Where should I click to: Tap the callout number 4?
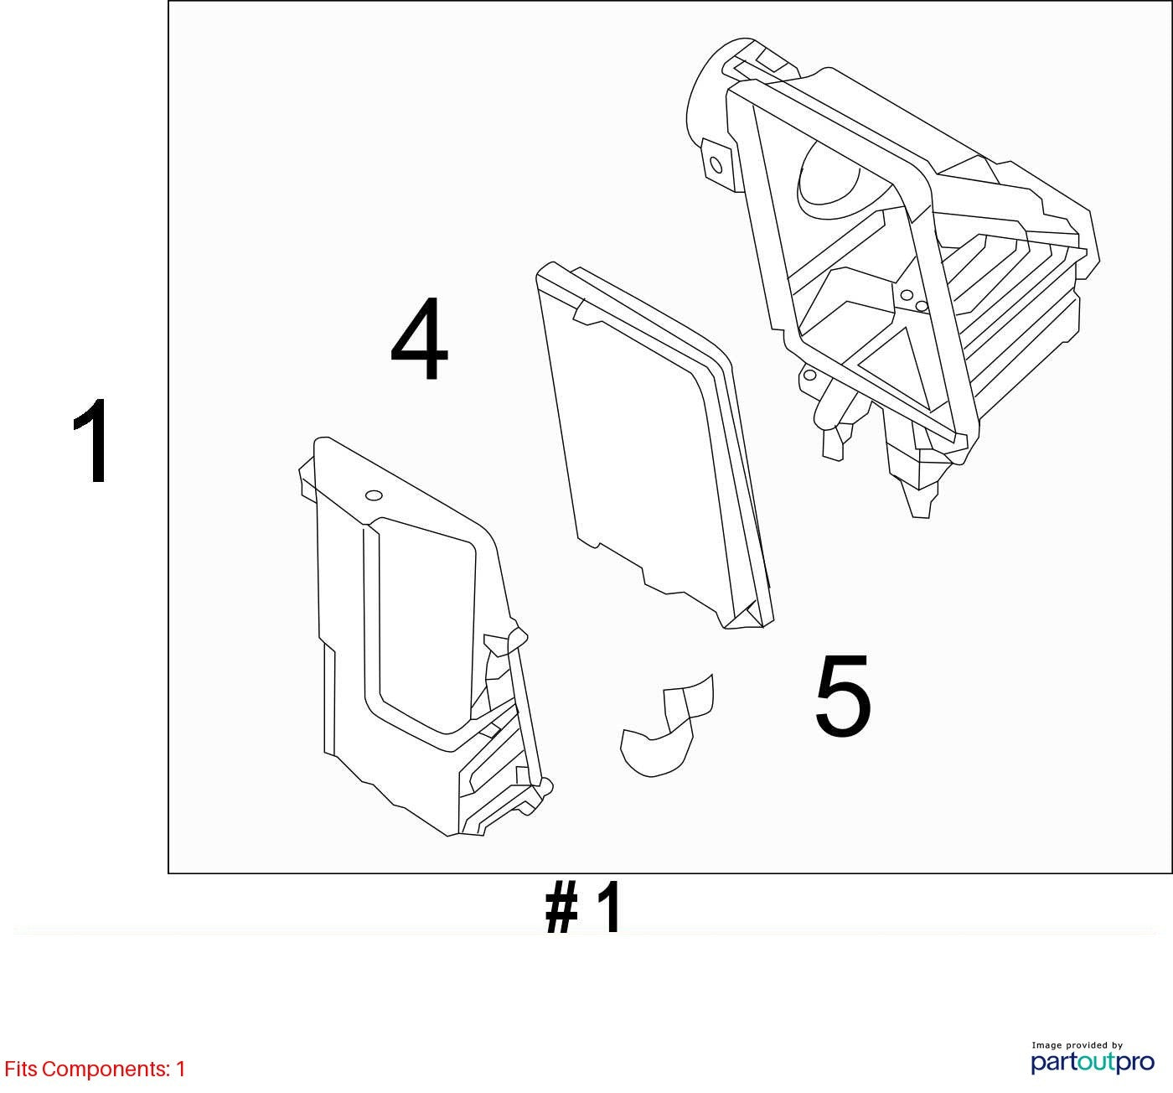click(420, 339)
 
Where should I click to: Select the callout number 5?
click(842, 696)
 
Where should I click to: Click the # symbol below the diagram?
click(561, 906)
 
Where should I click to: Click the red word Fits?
click(21, 1068)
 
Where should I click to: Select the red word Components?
click(106, 1070)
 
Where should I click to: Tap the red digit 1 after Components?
click(180, 1068)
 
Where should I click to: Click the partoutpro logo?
click(1092, 1062)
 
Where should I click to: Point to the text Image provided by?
click(1077, 1045)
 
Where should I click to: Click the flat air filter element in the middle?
click(654, 444)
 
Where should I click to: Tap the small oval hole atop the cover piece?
click(374, 495)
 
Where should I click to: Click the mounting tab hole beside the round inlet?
click(716, 165)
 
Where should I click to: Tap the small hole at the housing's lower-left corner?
click(809, 375)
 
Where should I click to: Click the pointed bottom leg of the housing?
click(921, 501)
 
